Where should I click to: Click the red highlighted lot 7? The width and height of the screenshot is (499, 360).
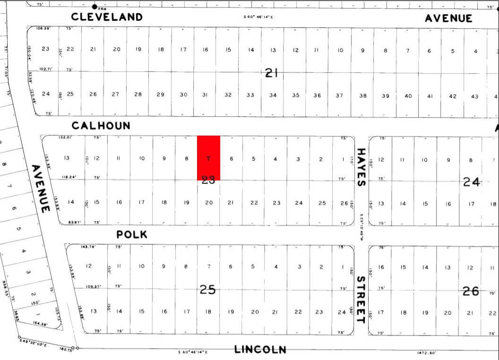coord(208,158)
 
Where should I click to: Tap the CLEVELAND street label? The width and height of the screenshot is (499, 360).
coord(107,17)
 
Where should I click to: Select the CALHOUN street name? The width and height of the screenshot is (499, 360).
coord(101,126)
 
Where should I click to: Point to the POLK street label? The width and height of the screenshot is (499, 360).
coord(132,234)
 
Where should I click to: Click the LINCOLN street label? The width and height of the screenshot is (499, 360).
coord(260,350)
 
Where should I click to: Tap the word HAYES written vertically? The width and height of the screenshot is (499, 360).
coord(361,167)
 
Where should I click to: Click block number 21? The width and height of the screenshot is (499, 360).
coord(271,73)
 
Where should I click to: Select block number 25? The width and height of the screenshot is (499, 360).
coord(208,289)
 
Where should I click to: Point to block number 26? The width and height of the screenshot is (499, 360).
coord(471,291)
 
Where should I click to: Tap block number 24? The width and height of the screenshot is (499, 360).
coord(471,181)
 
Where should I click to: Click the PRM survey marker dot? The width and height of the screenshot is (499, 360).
coord(95,7)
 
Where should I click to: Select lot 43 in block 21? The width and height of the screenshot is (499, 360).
coord(475,96)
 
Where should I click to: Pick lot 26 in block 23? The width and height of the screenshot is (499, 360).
coord(344,203)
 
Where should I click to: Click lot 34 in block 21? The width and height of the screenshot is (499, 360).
coord(273,95)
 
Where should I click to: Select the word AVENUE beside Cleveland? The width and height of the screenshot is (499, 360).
coord(448,18)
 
